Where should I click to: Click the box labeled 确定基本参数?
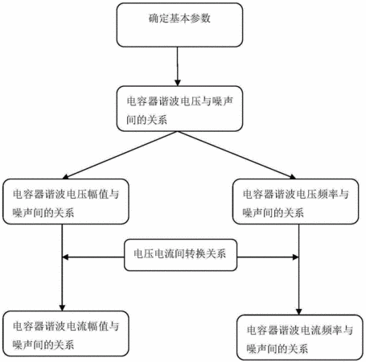point(179,25)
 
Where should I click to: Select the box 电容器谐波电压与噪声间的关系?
point(179,109)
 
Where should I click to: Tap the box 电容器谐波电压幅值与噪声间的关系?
point(66,202)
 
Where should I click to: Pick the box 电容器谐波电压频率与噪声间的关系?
point(295,202)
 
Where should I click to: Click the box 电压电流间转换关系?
point(180,255)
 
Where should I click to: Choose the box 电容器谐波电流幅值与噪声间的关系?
point(66,334)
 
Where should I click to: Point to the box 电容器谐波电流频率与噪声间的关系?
point(300,338)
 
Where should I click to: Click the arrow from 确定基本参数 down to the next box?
point(178,67)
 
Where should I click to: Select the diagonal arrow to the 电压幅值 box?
point(120,155)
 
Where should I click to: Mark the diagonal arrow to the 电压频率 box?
point(236,155)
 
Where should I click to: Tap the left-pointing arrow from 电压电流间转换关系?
point(93,257)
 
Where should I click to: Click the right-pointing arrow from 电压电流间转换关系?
point(268,257)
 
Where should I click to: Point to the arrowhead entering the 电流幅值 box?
point(62,307)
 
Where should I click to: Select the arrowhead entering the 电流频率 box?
point(298,311)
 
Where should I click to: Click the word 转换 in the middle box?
point(195,253)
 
